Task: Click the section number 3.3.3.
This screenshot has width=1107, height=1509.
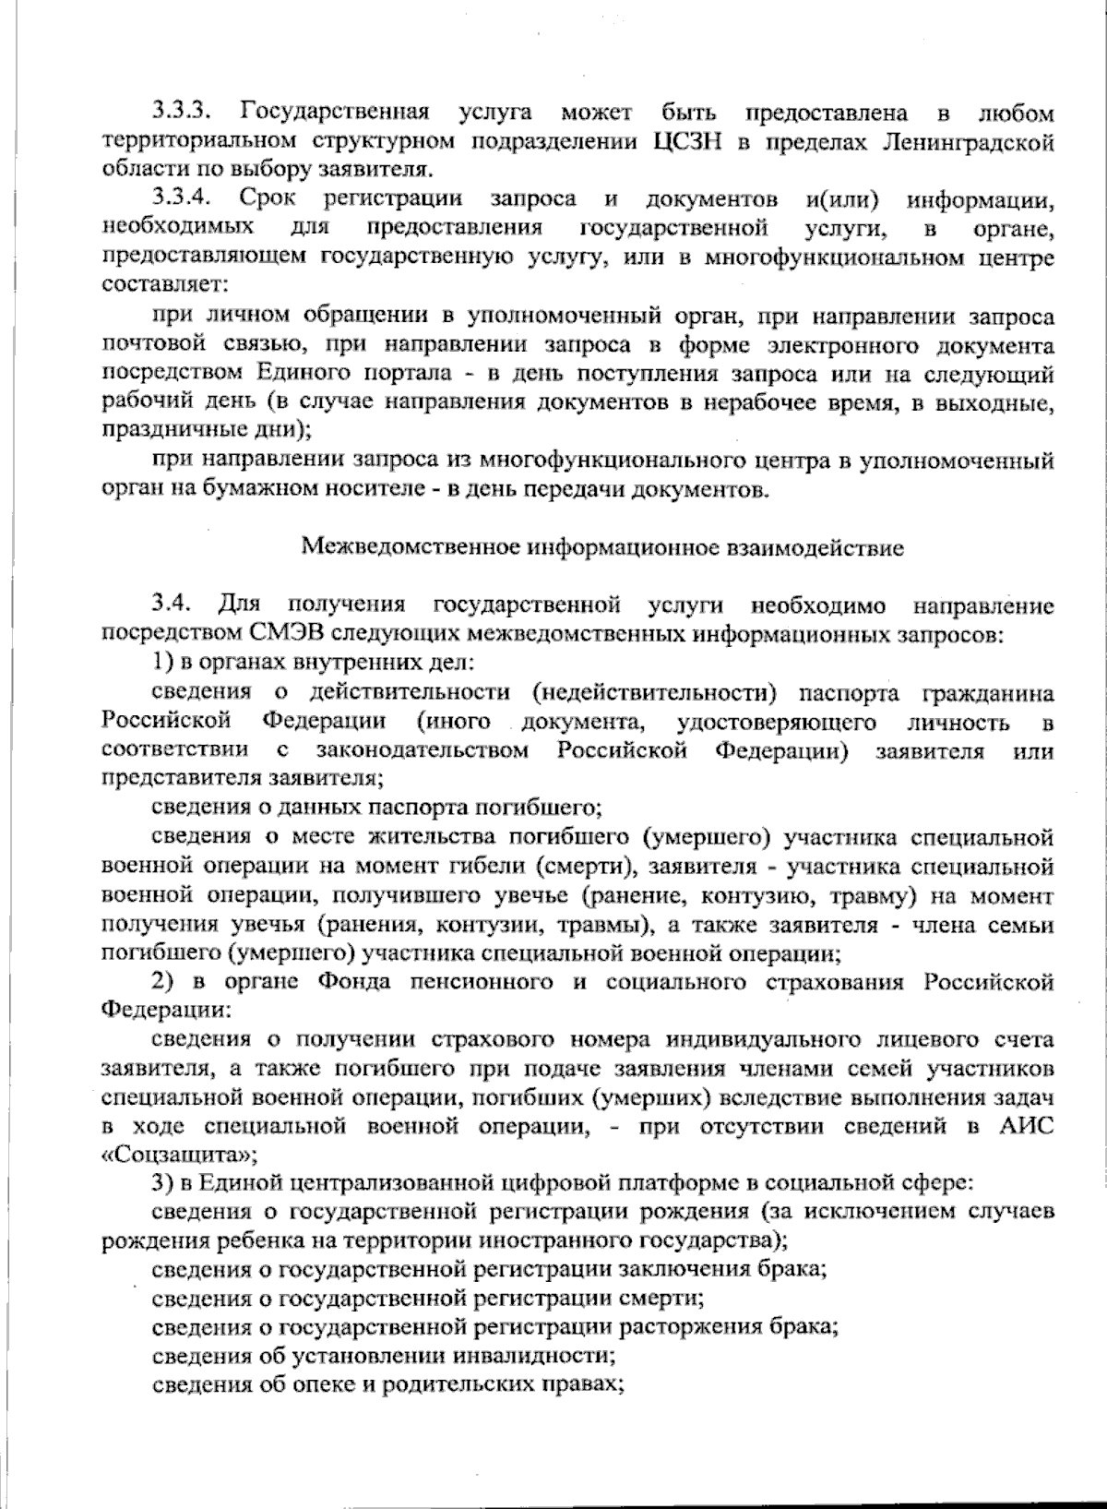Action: [x=184, y=113]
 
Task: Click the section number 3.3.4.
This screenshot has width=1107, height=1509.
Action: [x=184, y=198]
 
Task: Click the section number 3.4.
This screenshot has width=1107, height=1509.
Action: [x=173, y=605]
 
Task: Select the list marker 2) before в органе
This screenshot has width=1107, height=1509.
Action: [x=163, y=982]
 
